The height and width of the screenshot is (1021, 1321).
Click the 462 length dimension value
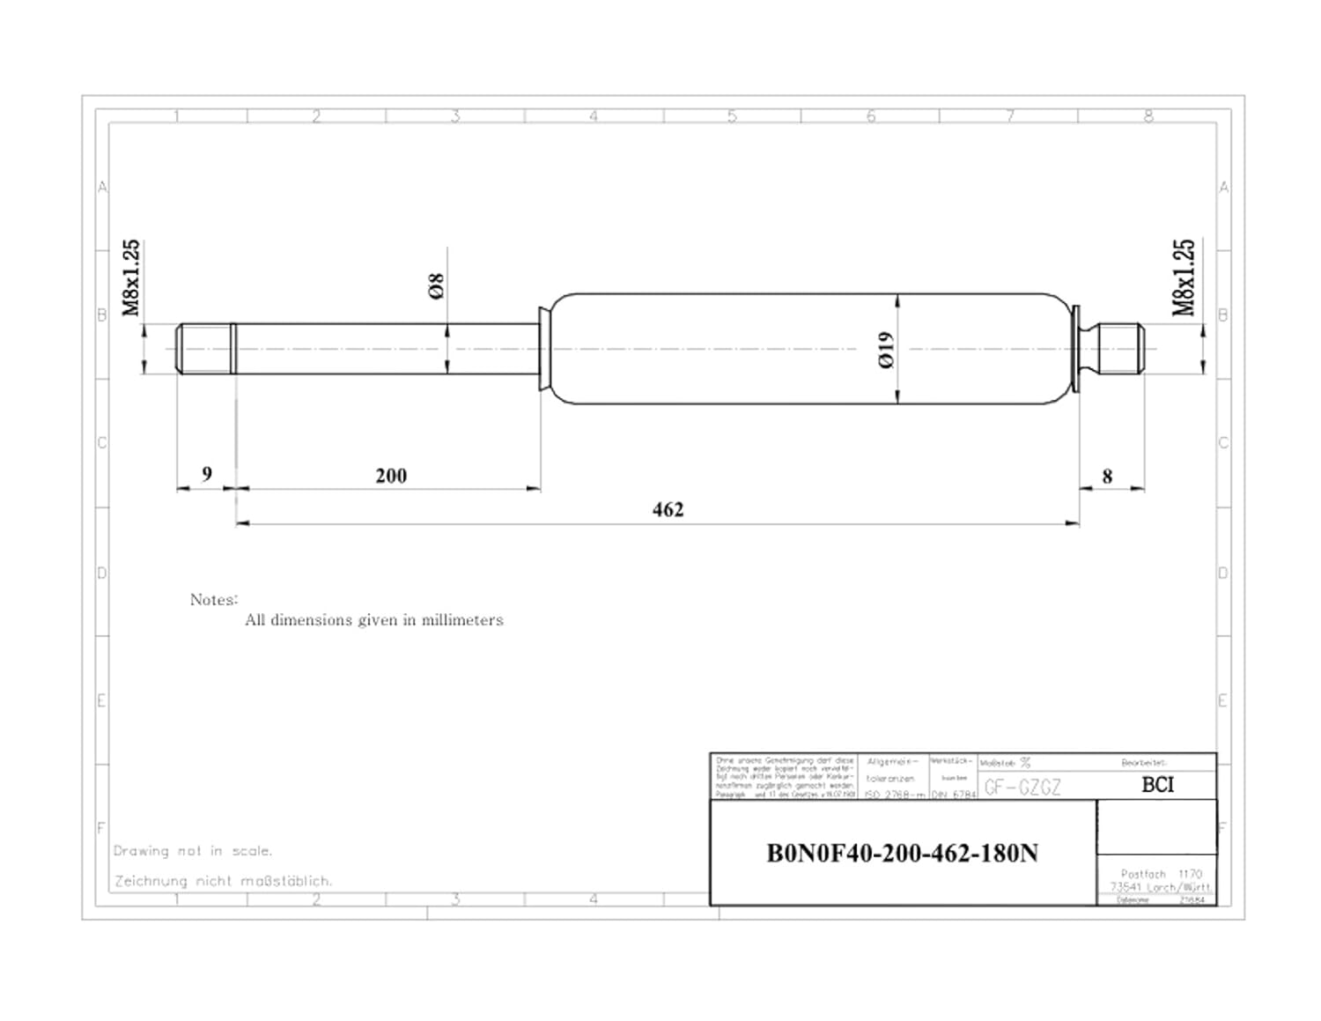[x=668, y=509]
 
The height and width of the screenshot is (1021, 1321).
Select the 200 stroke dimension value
[x=391, y=476]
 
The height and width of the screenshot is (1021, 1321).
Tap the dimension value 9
[x=207, y=474]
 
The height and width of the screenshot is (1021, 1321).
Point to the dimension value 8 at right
[x=1107, y=477]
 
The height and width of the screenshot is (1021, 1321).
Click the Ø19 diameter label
[x=886, y=349]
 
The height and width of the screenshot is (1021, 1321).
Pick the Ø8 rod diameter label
[x=436, y=286]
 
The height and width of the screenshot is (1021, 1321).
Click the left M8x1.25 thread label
[x=130, y=277]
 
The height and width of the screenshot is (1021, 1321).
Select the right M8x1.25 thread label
[x=1184, y=277]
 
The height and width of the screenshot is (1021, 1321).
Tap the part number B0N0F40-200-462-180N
[x=902, y=854]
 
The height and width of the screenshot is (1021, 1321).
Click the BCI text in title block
[x=1157, y=784]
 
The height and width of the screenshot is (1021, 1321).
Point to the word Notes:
[x=214, y=600]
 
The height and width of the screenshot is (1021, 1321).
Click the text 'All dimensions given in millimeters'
[x=373, y=620]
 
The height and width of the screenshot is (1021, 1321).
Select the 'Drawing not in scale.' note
[x=193, y=851]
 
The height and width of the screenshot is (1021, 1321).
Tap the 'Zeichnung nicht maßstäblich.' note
[x=223, y=881]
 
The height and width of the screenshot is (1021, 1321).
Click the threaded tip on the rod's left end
[x=204, y=349]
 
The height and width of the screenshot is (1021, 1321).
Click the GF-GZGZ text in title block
[x=1022, y=788]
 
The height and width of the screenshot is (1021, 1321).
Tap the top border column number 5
[x=731, y=116]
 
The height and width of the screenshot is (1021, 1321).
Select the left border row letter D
[x=101, y=573]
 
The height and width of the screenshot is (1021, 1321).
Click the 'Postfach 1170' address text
[x=1161, y=874]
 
